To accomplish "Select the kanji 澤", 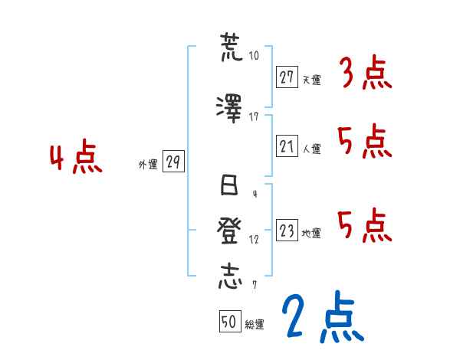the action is [x=229, y=107].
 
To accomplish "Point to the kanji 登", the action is [x=229, y=231].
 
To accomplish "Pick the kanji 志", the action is [x=229, y=276].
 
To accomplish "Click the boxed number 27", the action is [x=287, y=77].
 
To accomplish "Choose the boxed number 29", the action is [x=173, y=162].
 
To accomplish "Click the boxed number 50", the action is [x=228, y=322].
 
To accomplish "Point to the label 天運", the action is [x=311, y=79].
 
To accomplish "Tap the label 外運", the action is [x=148, y=164].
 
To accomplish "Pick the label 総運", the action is [x=254, y=325].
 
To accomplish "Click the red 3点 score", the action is [x=366, y=74].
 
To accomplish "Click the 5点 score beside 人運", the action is [x=364, y=142].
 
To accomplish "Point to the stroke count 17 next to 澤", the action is [x=254, y=116].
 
